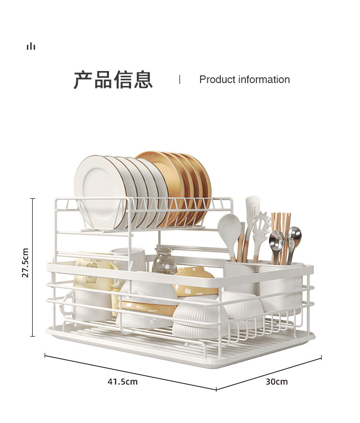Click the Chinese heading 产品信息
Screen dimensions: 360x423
tap(113, 80)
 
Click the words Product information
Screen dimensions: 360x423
tap(244, 80)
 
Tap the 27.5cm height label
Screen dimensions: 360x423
tap(25, 263)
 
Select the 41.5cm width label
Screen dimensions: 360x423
tap(122, 382)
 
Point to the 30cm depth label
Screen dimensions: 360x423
tap(277, 382)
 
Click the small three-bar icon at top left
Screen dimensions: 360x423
tap(31, 46)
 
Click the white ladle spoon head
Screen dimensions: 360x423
tap(229, 228)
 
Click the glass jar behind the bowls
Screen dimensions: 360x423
tap(164, 263)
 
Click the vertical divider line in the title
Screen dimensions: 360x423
tap(180, 80)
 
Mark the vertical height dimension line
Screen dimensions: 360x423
tap(33, 267)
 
